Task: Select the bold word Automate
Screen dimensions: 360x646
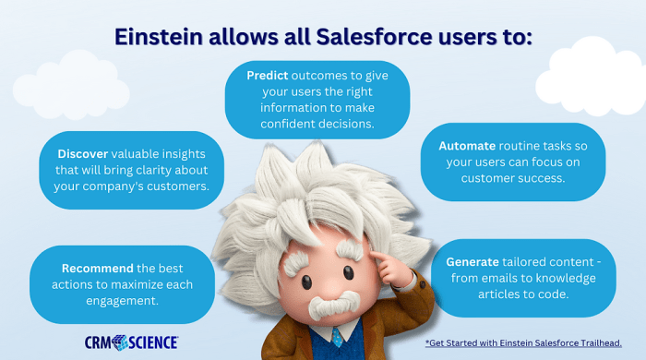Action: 467,146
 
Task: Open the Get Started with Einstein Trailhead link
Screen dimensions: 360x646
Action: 530,342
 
